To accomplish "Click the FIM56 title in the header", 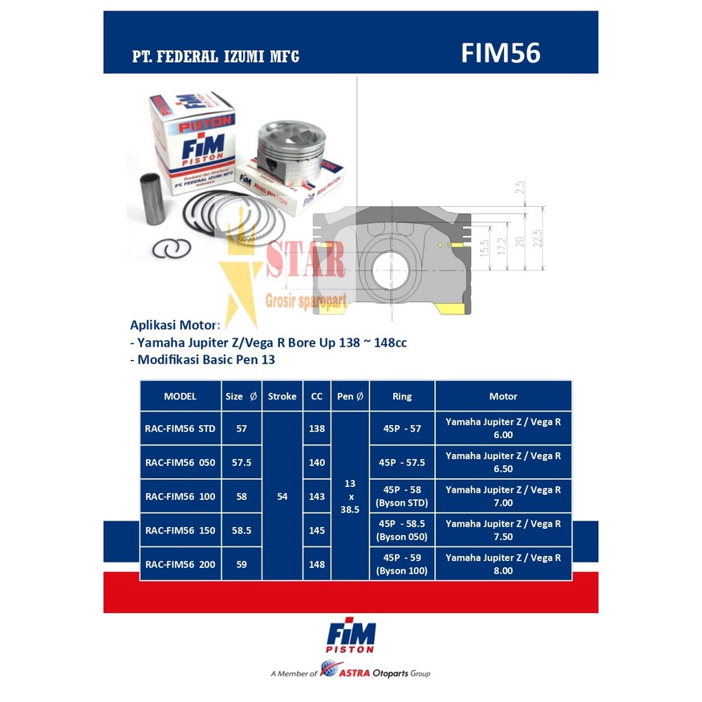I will (x=501, y=53).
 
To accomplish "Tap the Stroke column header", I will (x=282, y=396).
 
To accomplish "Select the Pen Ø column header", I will (x=350, y=396).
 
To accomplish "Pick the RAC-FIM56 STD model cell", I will (x=181, y=428).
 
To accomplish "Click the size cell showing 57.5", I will (x=241, y=462).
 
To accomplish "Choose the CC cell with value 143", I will (x=317, y=497).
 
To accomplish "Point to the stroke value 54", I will (x=282, y=497).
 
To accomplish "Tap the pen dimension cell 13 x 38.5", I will (x=350, y=497).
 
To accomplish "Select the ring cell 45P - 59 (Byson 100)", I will (x=402, y=564).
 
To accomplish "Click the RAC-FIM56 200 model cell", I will (x=181, y=564).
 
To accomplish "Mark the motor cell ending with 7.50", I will (x=503, y=530).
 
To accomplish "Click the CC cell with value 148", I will (x=317, y=564).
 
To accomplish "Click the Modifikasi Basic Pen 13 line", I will (x=202, y=359).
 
